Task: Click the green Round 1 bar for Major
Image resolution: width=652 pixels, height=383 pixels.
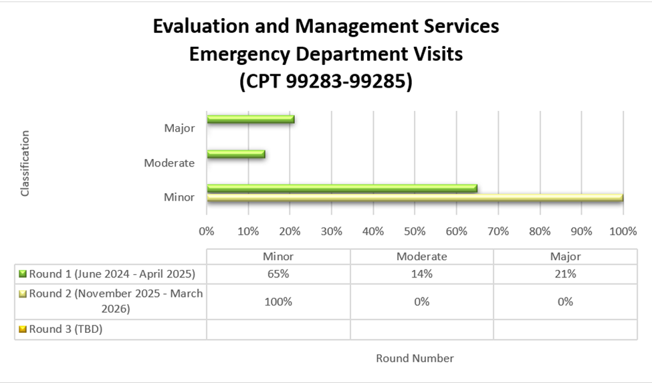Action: tap(250, 120)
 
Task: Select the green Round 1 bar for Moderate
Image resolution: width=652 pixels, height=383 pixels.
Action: tap(235, 154)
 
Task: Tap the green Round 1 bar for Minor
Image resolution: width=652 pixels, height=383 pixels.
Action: tap(342, 188)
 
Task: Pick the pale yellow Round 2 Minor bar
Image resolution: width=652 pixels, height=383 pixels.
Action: tap(415, 198)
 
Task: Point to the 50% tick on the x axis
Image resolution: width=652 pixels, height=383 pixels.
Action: tap(415, 231)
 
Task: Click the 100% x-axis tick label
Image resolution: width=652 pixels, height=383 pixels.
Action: tap(623, 231)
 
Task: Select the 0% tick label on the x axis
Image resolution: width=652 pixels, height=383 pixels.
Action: tap(207, 231)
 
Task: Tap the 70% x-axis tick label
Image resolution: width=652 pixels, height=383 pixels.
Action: tap(498, 231)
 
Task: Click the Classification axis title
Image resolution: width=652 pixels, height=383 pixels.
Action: tap(25, 163)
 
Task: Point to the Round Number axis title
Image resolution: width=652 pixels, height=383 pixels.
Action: tap(415, 358)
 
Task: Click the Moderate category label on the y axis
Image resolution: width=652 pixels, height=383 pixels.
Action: tap(169, 162)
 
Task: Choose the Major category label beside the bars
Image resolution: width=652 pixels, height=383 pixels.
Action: tap(179, 128)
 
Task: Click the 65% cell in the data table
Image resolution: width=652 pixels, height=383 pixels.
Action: tap(278, 273)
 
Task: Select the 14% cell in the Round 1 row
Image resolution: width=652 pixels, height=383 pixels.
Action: tap(422, 273)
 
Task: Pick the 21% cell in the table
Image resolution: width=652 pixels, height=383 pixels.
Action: tap(565, 273)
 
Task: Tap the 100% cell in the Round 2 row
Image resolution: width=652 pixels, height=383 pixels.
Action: tap(278, 301)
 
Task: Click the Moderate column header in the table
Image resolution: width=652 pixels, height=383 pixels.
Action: tap(422, 256)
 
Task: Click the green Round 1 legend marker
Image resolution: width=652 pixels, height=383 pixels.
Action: tap(23, 273)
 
